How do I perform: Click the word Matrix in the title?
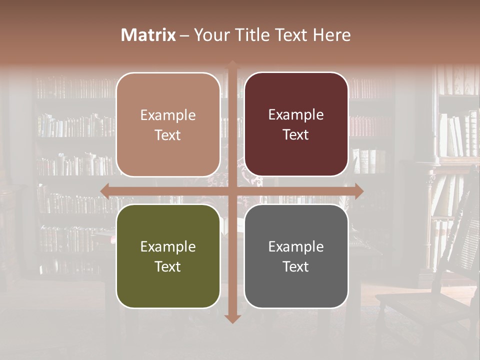point(148,35)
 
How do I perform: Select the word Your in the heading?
point(209,35)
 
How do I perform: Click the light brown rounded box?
point(168,124)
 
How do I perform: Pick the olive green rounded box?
point(168,256)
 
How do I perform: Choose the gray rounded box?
point(296,256)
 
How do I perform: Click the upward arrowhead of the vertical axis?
point(232,64)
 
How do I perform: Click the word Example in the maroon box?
point(296,114)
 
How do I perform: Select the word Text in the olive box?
point(167,266)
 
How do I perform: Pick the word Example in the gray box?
point(296,246)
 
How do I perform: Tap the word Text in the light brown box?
point(167,135)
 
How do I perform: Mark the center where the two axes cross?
point(232,191)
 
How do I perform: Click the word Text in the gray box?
point(296,266)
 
